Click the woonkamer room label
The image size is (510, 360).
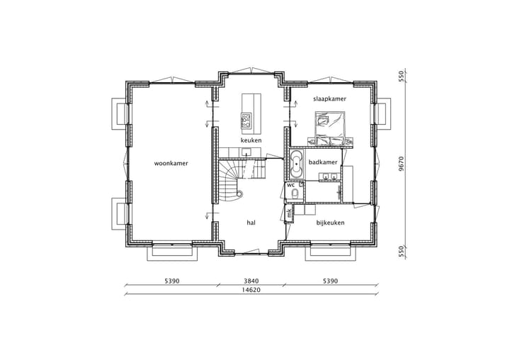click(x=171, y=163)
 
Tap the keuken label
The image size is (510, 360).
click(x=251, y=140)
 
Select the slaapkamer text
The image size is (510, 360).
click(x=329, y=99)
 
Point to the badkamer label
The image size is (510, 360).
click(x=322, y=163)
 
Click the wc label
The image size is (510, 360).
click(x=290, y=185)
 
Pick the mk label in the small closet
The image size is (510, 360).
click(x=289, y=212)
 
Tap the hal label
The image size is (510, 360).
click(x=251, y=223)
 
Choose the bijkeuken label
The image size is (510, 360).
click(x=330, y=223)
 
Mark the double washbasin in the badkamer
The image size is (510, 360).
click(x=329, y=177)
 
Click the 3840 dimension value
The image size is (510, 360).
click(x=251, y=281)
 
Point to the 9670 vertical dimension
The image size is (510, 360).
click(x=401, y=164)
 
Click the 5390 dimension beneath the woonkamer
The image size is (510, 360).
click(x=171, y=281)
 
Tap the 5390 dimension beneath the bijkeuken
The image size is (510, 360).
click(x=330, y=281)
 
